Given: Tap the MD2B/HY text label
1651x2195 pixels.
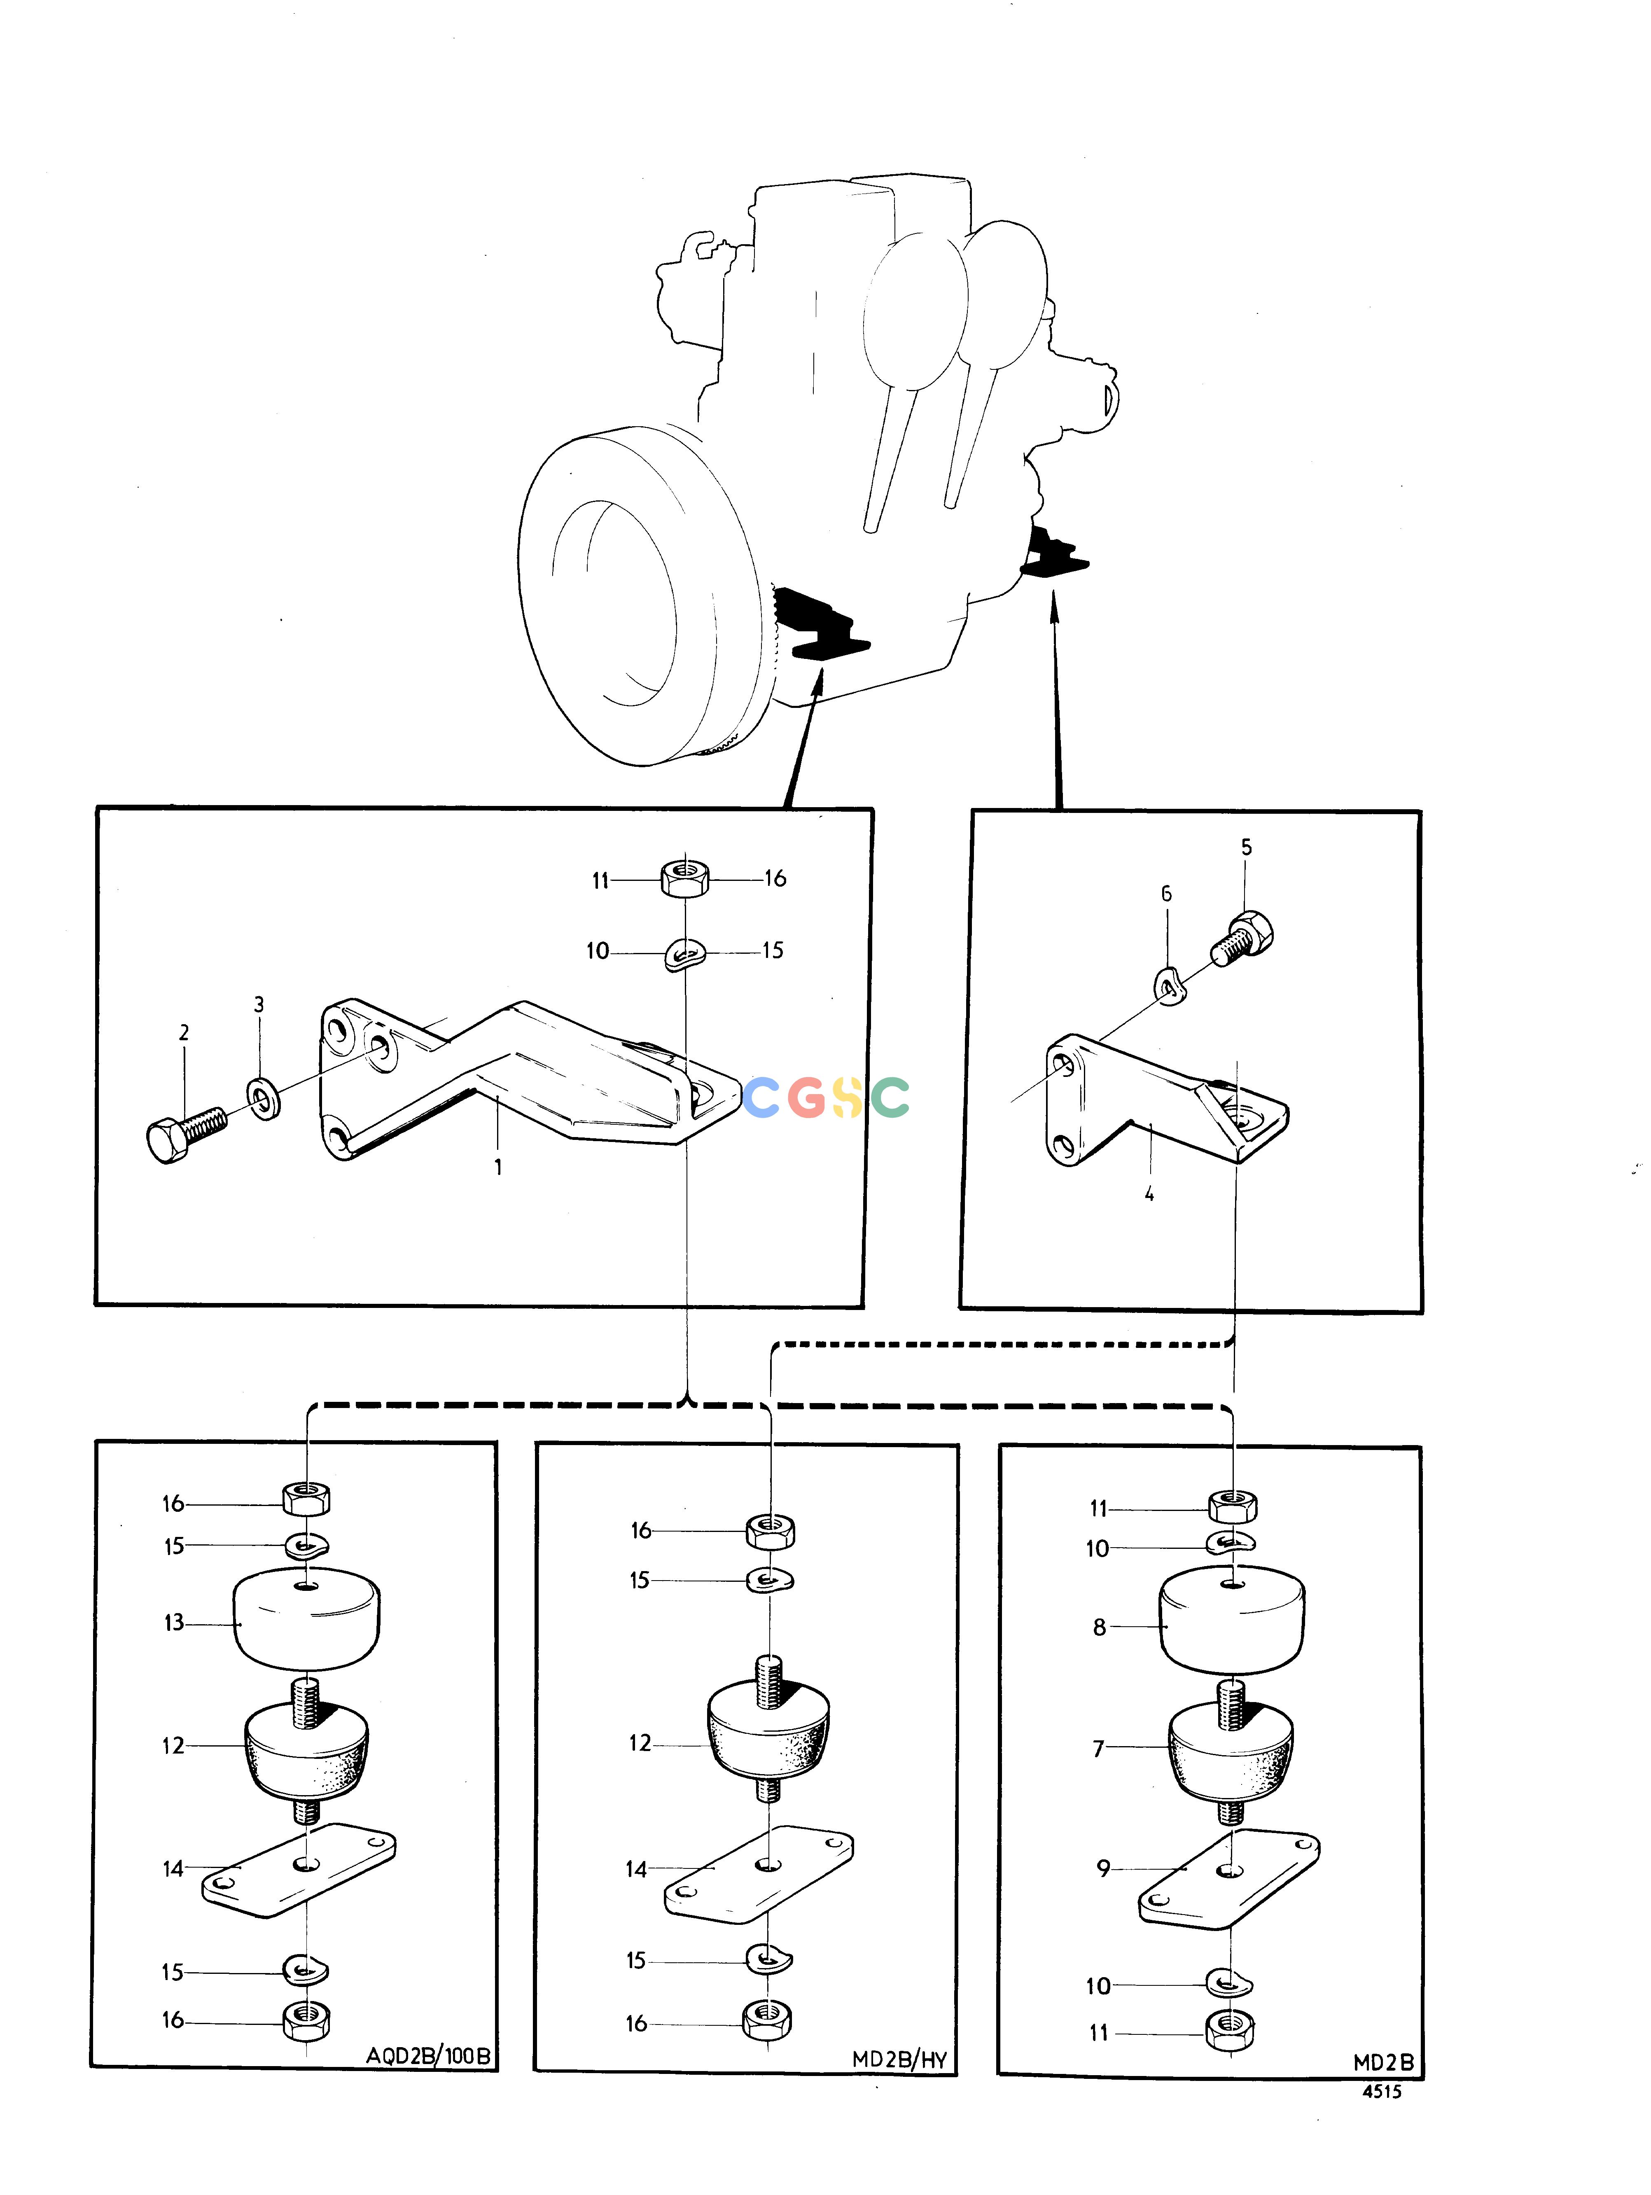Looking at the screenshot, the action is [x=899, y=2059].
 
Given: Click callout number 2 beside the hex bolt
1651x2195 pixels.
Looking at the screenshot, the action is [x=184, y=1033].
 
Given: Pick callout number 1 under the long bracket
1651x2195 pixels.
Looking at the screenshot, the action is [x=498, y=1167].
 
